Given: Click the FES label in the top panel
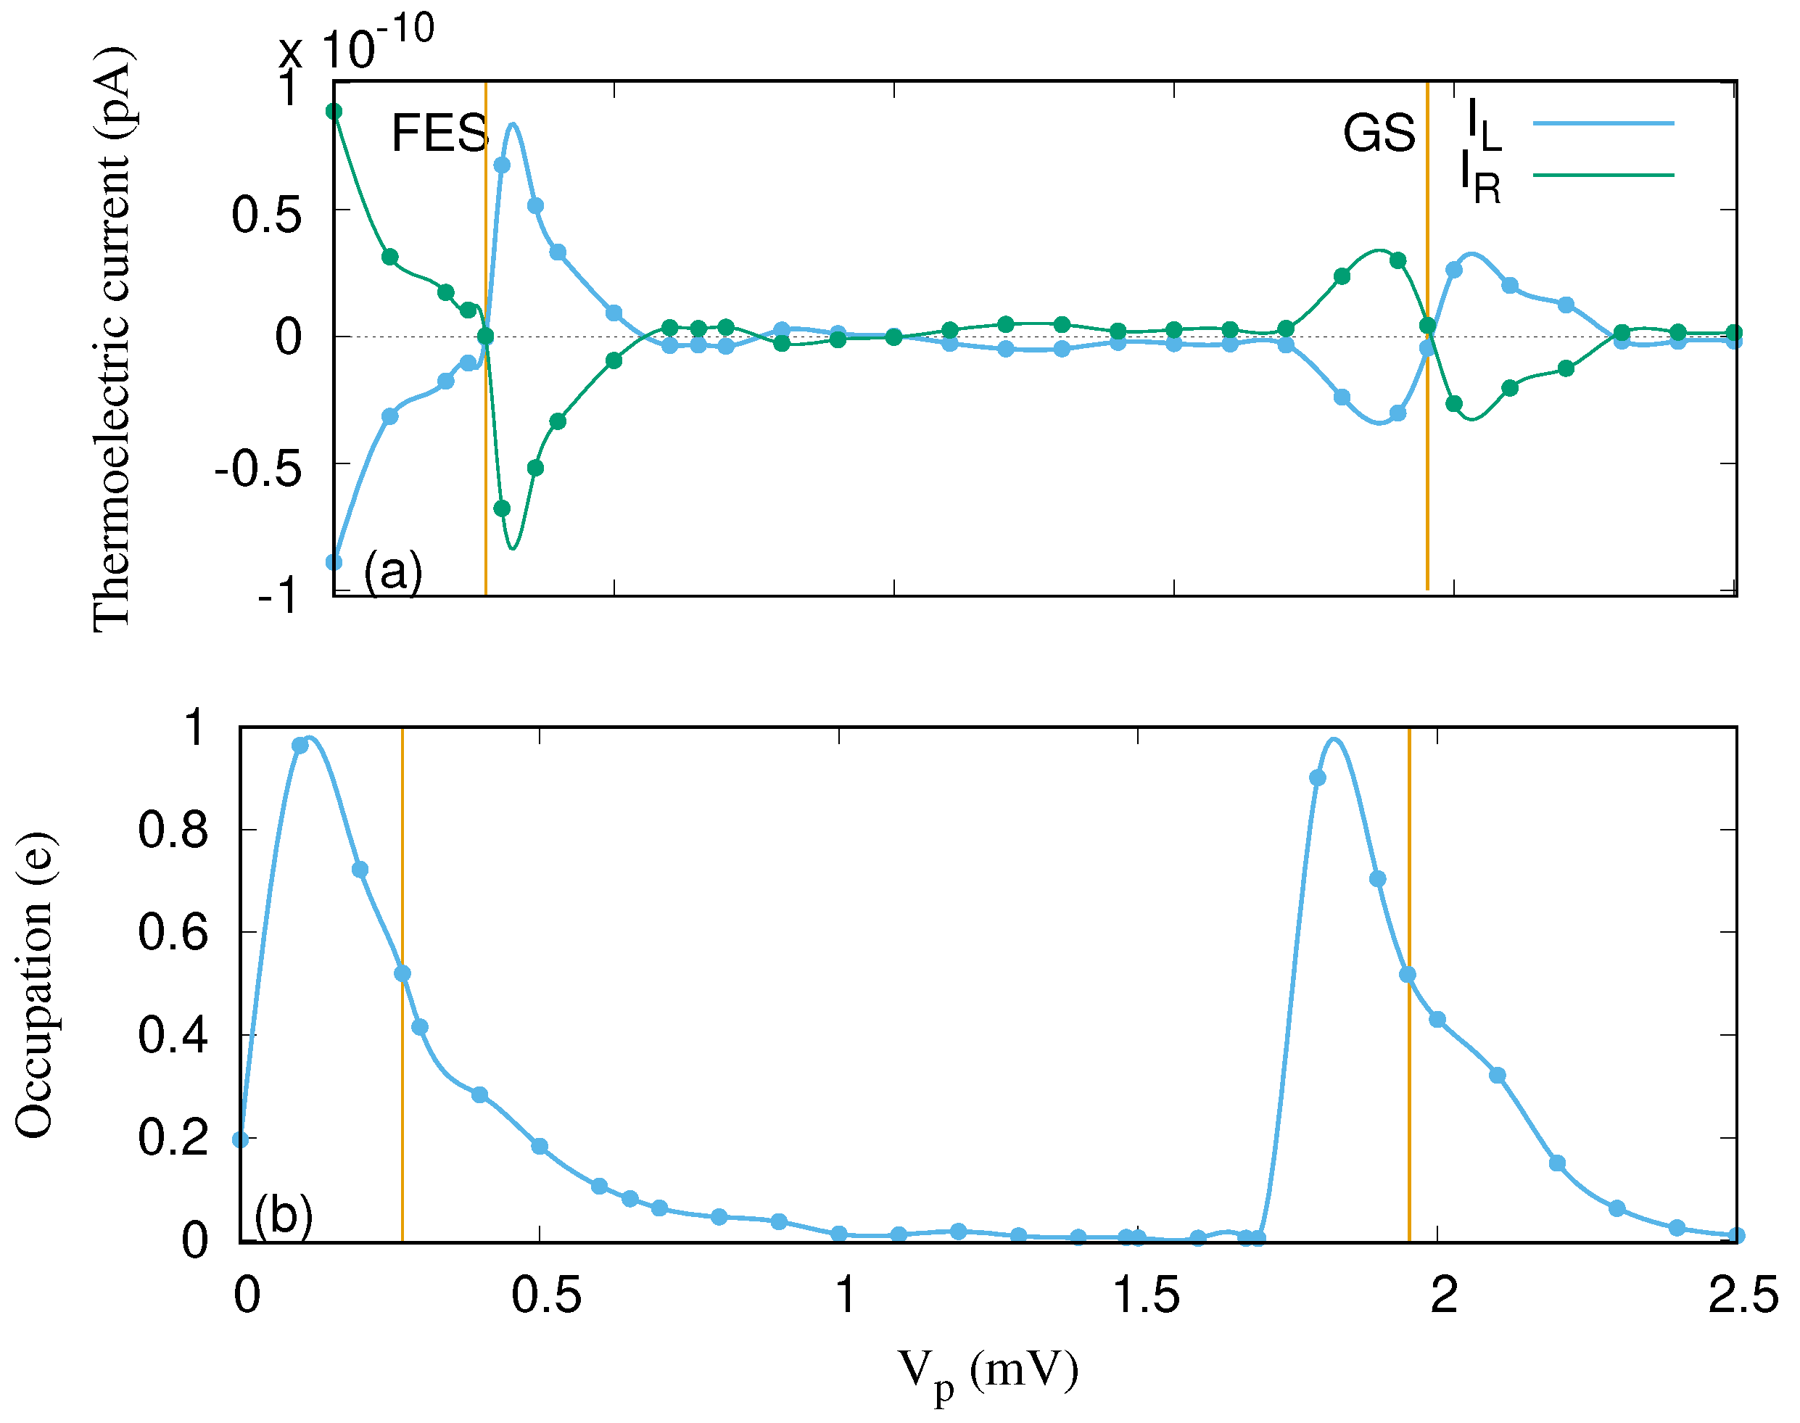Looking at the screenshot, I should click(439, 133).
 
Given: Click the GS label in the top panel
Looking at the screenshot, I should click(1379, 133).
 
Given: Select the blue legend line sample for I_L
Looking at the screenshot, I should click(1603, 123).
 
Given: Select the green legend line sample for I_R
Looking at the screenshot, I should click(1603, 175).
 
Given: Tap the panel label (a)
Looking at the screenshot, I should click(393, 572).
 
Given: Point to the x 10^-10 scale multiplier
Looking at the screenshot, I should click(357, 44).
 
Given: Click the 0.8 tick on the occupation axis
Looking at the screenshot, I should click(173, 830).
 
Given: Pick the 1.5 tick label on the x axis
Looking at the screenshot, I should click(1146, 1296).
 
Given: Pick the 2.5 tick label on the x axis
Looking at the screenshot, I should click(1743, 1296).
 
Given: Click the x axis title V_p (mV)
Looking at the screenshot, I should click(988, 1372).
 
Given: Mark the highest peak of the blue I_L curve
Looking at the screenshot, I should click(513, 124).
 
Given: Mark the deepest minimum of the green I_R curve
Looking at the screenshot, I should click(513, 549).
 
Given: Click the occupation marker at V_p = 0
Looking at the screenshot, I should click(241, 1139).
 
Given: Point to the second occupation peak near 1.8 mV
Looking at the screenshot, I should click(1334, 739).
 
